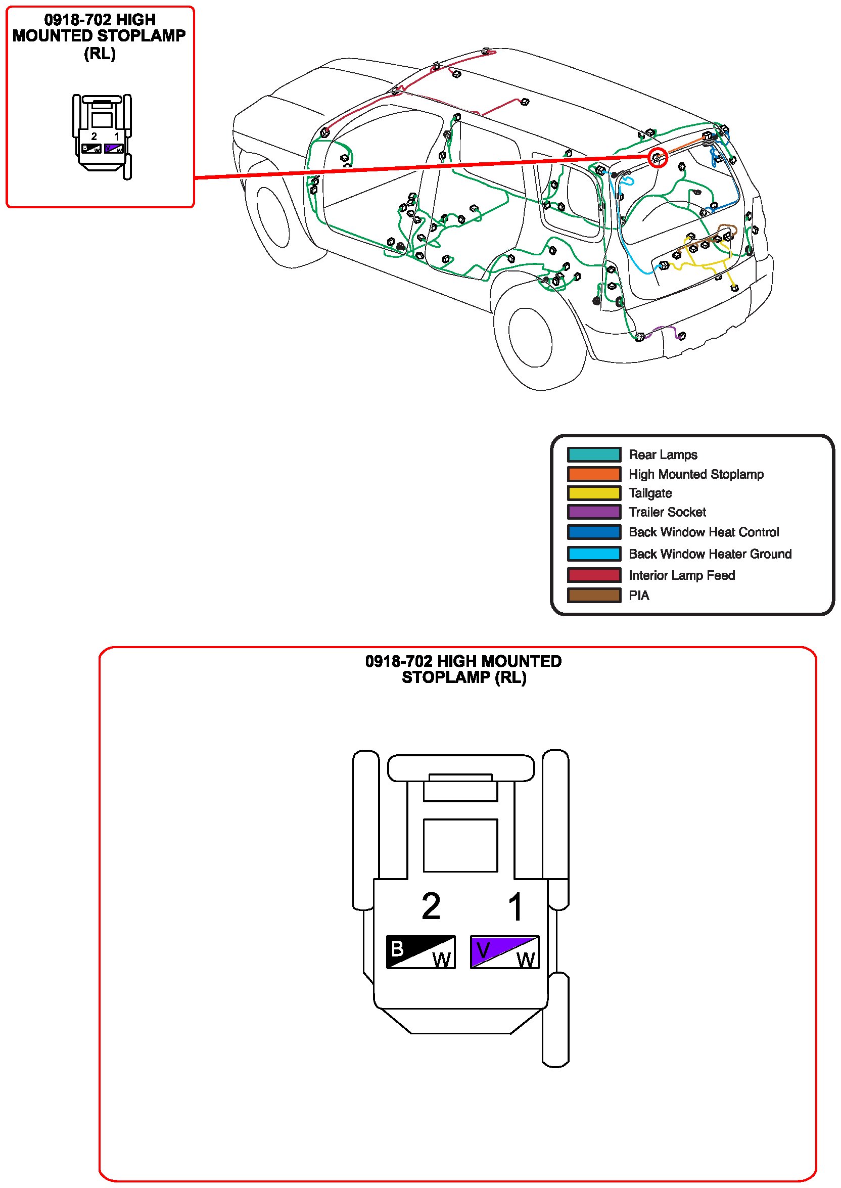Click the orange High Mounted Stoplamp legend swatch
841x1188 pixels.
(593, 474)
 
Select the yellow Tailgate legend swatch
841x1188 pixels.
(593, 493)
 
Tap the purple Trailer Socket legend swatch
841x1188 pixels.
(593, 512)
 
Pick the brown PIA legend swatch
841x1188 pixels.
(593, 596)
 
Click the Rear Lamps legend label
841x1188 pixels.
(663, 454)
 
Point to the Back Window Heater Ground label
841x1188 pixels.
(710, 554)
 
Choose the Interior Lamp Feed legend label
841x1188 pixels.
(681, 575)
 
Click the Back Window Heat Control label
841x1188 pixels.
(703, 532)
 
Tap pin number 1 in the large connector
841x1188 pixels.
(516, 907)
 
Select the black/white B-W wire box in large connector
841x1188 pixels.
(420, 952)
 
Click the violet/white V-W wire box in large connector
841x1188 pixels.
(504, 952)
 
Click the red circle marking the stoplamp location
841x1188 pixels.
(657, 157)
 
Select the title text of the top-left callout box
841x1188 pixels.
(100, 36)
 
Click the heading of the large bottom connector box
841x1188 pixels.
(463, 669)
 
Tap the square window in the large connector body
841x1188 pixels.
(460, 845)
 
